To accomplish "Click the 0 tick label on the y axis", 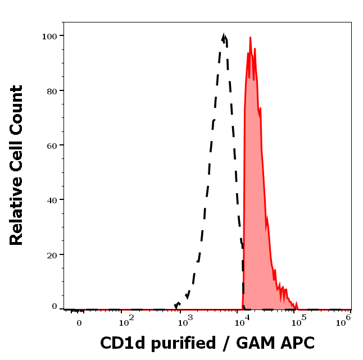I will coord(55,306).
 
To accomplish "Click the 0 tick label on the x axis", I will coord(79,323).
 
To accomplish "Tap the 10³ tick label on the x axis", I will coord(184,321).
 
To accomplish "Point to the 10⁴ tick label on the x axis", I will coord(242,321).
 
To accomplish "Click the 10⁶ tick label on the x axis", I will coord(343,320).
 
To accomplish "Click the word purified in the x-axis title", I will coord(180,343).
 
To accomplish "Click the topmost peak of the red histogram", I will coord(250,38).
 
